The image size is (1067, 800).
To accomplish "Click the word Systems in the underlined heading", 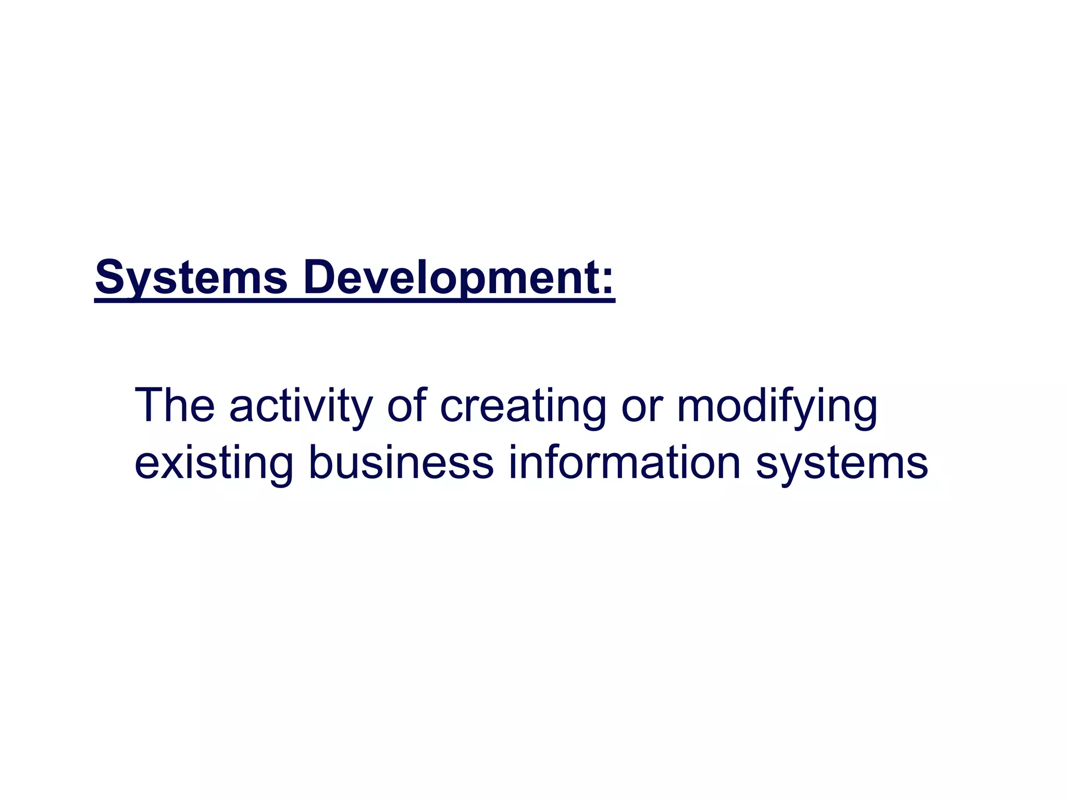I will click(x=191, y=278).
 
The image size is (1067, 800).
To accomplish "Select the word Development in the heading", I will click(x=444, y=278).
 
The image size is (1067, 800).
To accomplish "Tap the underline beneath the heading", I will click(x=354, y=300).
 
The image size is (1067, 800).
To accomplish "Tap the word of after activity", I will click(x=407, y=405).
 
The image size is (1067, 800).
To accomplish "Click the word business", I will click(x=401, y=462).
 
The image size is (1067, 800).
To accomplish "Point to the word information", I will click(x=624, y=462).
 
